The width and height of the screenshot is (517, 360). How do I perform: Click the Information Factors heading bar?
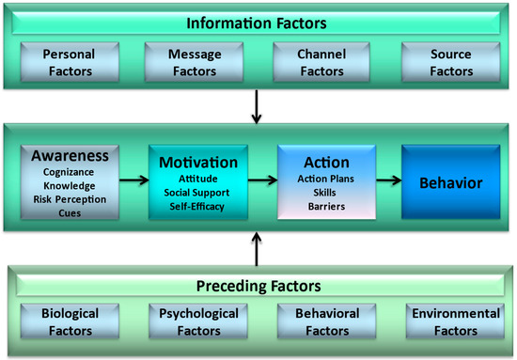click(257, 23)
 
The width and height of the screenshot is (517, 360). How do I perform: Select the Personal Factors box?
click(70, 62)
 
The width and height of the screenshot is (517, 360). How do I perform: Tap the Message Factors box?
click(195, 62)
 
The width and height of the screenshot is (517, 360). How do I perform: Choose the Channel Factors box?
click(321, 62)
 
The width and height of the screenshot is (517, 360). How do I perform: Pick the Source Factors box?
click(450, 62)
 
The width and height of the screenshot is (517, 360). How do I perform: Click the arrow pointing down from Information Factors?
click(257, 106)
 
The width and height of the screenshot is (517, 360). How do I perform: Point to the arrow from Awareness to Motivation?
click(133, 180)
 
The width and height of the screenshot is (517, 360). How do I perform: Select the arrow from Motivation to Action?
click(262, 180)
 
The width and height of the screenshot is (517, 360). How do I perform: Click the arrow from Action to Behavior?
click(389, 180)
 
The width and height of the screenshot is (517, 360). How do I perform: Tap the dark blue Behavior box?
click(450, 181)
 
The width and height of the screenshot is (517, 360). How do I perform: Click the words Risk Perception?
click(70, 199)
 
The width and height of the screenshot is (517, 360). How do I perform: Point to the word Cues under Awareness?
click(70, 213)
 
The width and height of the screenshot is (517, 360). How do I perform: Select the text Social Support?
click(196, 193)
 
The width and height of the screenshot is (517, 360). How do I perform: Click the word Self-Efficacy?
click(196, 207)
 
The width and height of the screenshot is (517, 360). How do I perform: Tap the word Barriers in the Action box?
click(326, 207)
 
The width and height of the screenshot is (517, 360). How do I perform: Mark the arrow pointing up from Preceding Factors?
click(257, 248)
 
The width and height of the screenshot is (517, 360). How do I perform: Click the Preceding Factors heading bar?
click(259, 286)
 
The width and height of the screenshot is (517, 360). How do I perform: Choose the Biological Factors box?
click(70, 321)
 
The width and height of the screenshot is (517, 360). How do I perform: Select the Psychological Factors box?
click(198, 321)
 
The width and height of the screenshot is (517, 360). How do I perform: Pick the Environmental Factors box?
click(455, 321)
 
